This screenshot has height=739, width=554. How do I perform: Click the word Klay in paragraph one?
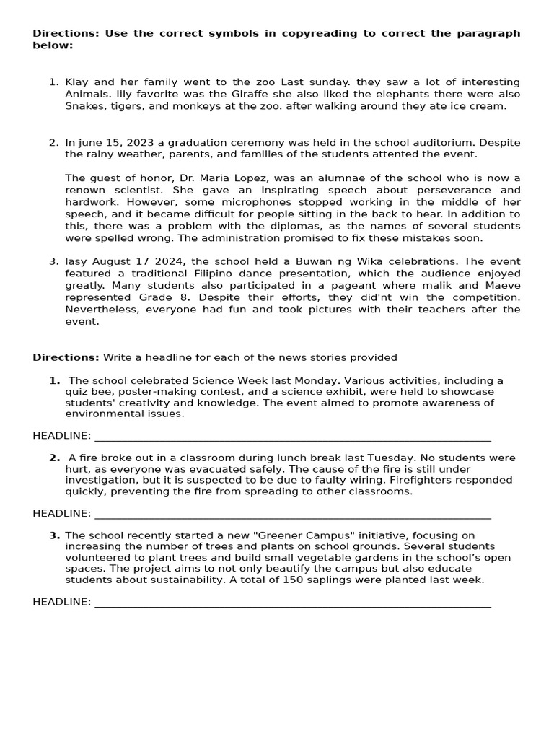pos(77,82)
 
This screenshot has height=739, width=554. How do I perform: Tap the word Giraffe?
pos(208,95)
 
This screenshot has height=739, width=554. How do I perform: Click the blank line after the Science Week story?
pos(292,437)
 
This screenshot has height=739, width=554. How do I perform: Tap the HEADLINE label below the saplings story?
pos(61,602)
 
